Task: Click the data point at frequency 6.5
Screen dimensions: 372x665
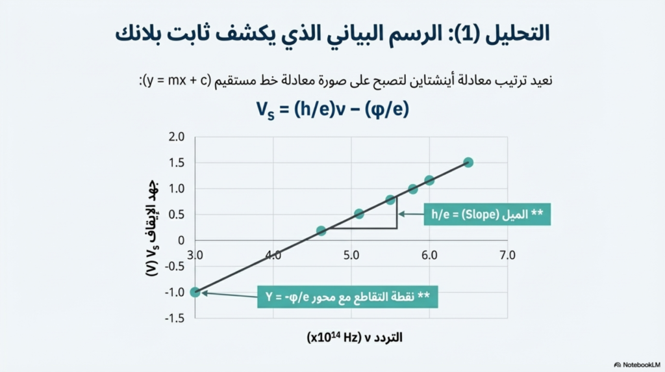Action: (468, 162)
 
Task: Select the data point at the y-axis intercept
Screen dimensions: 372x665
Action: (195, 292)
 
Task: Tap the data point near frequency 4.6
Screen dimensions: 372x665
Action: (321, 230)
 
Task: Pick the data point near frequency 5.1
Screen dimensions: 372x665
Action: (359, 214)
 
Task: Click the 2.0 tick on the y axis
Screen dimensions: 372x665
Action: (176, 137)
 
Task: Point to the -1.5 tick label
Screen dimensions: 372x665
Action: (174, 318)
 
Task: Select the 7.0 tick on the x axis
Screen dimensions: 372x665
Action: (507, 255)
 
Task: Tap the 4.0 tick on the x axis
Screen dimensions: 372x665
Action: (273, 255)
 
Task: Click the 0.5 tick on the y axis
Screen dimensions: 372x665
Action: (176, 215)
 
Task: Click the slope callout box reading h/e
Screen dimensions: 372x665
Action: (487, 213)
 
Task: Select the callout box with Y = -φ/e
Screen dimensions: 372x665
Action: (347, 296)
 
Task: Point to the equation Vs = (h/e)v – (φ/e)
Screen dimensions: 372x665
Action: (332, 109)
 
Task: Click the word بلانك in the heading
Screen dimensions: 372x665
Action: (142, 33)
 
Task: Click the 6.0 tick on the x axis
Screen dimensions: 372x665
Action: (429, 255)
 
